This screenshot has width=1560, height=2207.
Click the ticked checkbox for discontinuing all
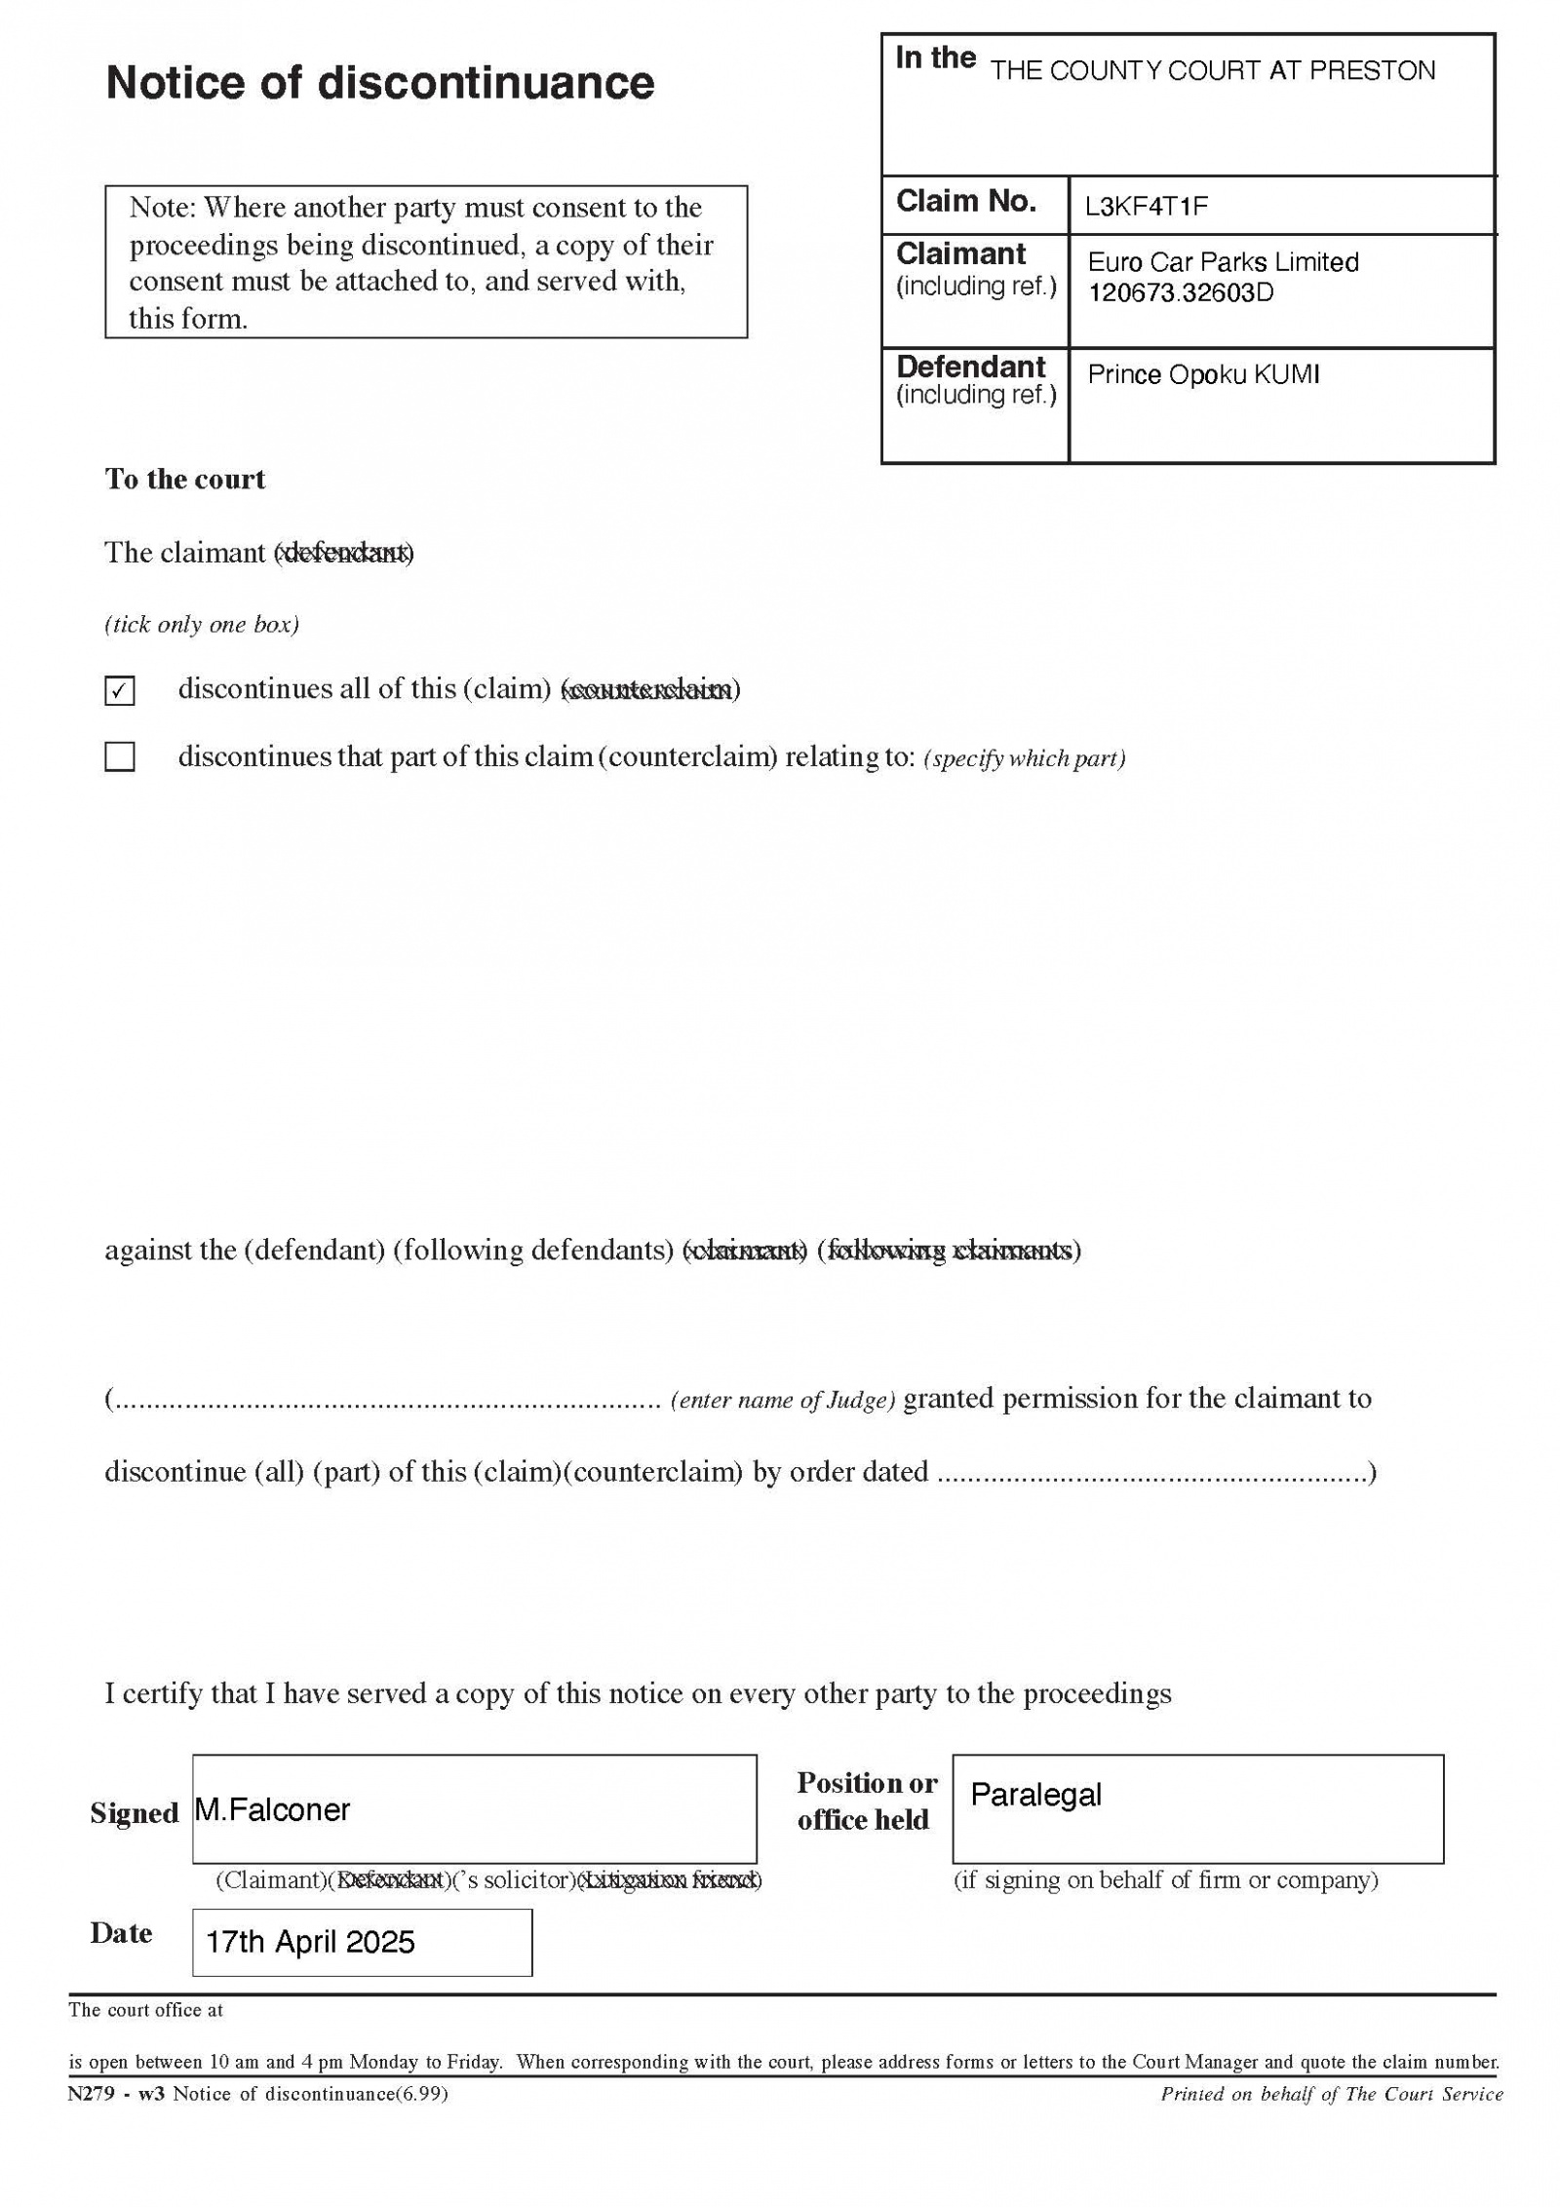(x=119, y=690)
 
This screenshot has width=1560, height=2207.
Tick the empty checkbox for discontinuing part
(x=119, y=756)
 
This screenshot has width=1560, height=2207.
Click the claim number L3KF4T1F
(x=1147, y=207)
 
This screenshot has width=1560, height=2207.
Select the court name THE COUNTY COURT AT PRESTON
(x=1212, y=71)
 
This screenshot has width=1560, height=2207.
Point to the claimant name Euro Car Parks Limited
(x=1223, y=262)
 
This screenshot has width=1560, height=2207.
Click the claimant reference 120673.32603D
(x=1180, y=293)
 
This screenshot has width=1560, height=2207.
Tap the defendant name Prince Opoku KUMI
(x=1203, y=375)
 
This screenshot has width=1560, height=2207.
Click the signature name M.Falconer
(x=272, y=1810)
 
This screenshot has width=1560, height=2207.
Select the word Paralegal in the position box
(x=1035, y=1795)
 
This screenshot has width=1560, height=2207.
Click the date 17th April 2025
(x=310, y=1943)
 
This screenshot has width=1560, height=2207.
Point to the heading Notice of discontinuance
(x=379, y=83)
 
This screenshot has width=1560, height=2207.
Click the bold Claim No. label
(x=965, y=202)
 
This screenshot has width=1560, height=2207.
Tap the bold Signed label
(x=135, y=1813)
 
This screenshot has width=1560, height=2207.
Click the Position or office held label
(x=866, y=1801)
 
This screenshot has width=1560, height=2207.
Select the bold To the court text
(x=185, y=480)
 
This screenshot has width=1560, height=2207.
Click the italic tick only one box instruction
(x=202, y=625)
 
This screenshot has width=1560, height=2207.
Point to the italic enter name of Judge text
(x=783, y=1401)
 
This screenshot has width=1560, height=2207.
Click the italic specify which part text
(x=1024, y=759)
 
